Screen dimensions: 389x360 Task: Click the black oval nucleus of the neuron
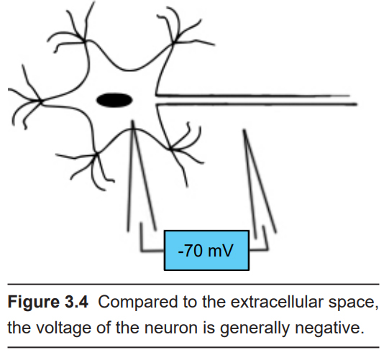point(114,100)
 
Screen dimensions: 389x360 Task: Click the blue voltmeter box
point(206,250)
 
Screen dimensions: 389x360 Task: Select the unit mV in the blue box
point(221,251)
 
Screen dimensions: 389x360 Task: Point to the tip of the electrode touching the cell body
point(133,121)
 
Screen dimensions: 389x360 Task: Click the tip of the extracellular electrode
point(244,130)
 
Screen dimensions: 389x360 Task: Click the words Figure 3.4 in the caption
point(48,302)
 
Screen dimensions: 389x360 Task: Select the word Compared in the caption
point(137,303)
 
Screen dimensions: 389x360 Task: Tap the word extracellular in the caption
point(277,302)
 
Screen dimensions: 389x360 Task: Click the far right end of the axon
point(356,104)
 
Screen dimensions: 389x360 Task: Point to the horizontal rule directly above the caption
point(193,284)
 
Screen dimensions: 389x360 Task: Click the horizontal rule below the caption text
point(193,347)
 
